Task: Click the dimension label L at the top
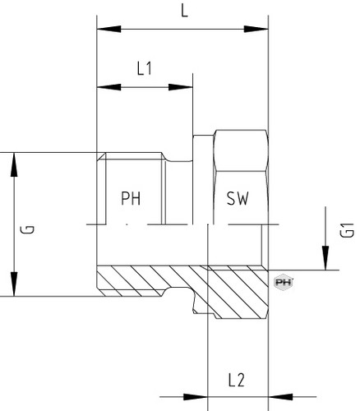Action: tap(185, 12)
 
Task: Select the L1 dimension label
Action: tap(145, 68)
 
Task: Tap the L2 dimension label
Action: tap(236, 381)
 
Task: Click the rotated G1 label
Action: tap(348, 229)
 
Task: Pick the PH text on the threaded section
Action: tap(131, 198)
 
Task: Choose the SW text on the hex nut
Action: tap(238, 198)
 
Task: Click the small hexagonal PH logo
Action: tap(284, 283)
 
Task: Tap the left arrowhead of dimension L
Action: tap(108, 29)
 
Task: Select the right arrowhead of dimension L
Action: tap(256, 29)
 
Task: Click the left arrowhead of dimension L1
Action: tap(108, 87)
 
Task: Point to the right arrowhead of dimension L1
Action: tap(181, 87)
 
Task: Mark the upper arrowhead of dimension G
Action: tap(14, 164)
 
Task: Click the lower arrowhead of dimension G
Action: tap(14, 284)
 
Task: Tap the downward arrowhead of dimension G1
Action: tap(325, 258)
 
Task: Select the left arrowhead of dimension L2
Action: tap(196, 396)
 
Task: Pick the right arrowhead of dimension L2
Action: tap(280, 396)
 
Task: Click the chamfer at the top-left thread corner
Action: tap(101, 157)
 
